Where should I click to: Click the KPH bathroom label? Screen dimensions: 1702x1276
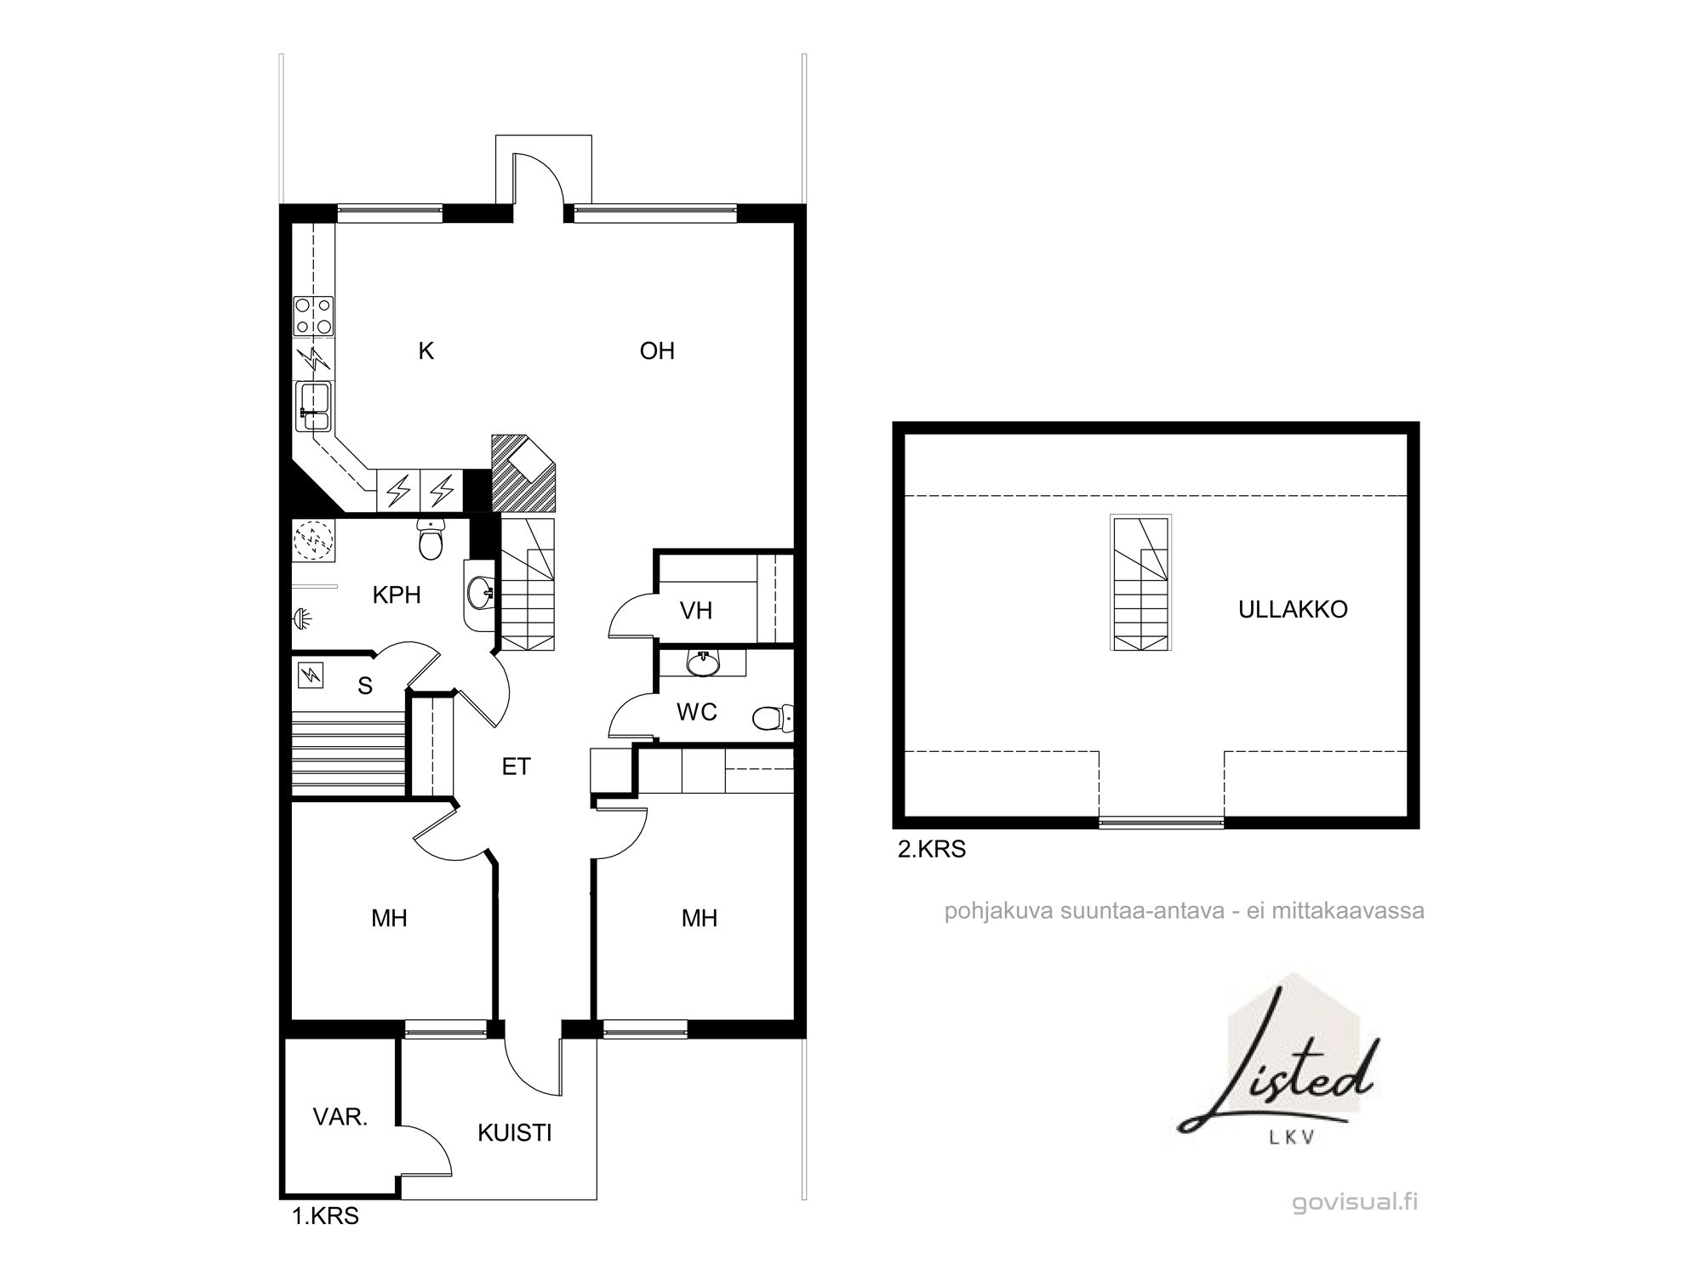point(397,595)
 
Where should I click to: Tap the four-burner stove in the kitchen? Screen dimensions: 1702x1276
point(314,316)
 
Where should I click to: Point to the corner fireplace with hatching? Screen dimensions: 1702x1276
point(523,473)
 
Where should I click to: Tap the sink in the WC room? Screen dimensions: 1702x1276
point(703,663)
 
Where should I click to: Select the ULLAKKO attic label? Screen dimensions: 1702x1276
point(1293,609)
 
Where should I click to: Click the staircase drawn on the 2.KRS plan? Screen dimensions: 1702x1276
point(1140,583)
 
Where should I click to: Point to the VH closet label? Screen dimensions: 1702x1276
point(696,610)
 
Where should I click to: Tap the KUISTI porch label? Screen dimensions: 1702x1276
point(514,1133)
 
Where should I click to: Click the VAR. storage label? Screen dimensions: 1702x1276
point(340,1117)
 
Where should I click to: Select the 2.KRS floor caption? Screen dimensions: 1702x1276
point(932,849)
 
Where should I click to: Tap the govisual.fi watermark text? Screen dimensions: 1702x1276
point(1355,1203)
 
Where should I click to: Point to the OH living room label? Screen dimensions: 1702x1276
point(657,351)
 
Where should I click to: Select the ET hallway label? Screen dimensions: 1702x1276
point(516,767)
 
